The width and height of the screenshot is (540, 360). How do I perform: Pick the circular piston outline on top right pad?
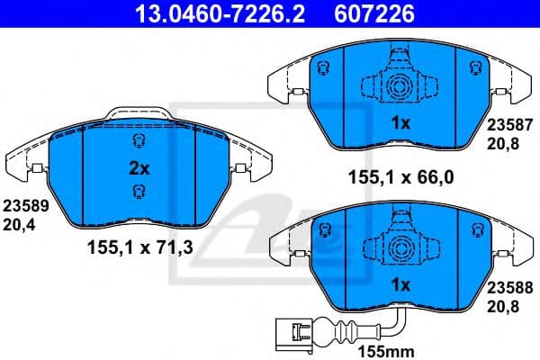[x=396, y=87]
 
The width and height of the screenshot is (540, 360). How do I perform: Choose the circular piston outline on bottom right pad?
[x=396, y=249]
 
